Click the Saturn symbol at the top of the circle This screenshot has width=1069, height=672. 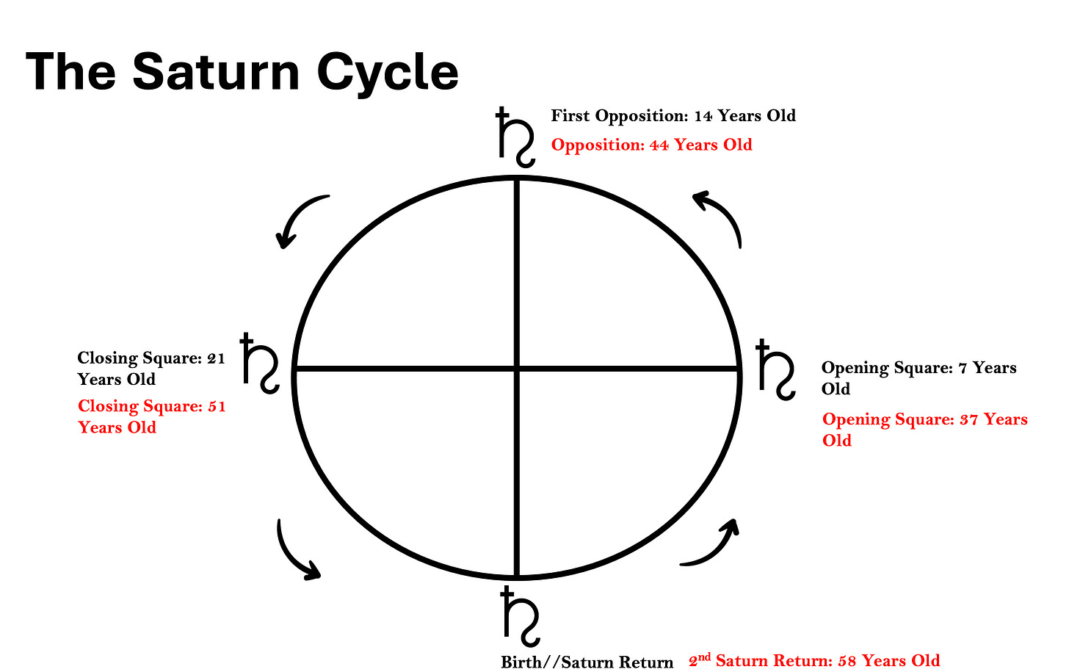point(515,137)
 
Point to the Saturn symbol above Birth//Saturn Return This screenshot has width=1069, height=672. point(520,616)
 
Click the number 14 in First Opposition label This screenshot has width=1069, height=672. point(703,116)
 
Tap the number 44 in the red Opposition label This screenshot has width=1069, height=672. point(659,145)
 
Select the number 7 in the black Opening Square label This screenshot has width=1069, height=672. point(963,368)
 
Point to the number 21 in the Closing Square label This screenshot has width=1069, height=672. point(216,358)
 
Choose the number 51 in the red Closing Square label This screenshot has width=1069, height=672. point(216,407)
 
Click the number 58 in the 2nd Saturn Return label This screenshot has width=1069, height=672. point(847,661)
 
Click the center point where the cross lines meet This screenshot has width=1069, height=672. point(518,368)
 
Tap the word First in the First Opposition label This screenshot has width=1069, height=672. point(570,116)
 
